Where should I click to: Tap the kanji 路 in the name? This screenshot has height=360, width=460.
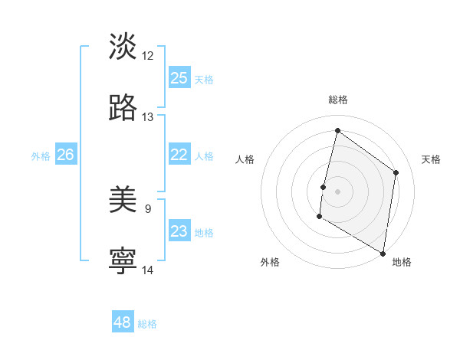[x=123, y=108]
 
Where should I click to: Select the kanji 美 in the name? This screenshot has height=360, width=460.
[x=123, y=200]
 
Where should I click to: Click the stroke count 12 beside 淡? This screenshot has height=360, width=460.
[x=148, y=56]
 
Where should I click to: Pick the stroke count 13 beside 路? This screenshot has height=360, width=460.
[x=148, y=117]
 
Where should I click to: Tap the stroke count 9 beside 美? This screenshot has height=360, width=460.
[x=148, y=208]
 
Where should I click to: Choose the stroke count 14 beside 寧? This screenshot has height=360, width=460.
[x=148, y=270]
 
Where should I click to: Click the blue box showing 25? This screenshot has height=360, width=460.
[x=179, y=78]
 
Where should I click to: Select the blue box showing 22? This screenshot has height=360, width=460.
[x=179, y=155]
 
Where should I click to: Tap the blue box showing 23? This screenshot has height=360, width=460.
[x=179, y=231]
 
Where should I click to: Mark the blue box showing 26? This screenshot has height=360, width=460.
[x=65, y=155]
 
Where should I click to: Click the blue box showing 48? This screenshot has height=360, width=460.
[x=123, y=322]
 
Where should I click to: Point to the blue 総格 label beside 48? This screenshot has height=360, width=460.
[x=147, y=324]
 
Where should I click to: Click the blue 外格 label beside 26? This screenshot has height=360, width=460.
[x=41, y=156]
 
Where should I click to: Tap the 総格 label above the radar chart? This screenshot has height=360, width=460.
[x=338, y=100]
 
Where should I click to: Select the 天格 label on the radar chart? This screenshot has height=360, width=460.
[x=431, y=159]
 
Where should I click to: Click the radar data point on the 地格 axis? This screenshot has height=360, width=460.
[x=383, y=253]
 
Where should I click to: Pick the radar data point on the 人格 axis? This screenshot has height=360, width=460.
[x=324, y=187]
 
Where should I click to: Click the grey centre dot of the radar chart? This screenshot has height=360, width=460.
[x=338, y=191]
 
